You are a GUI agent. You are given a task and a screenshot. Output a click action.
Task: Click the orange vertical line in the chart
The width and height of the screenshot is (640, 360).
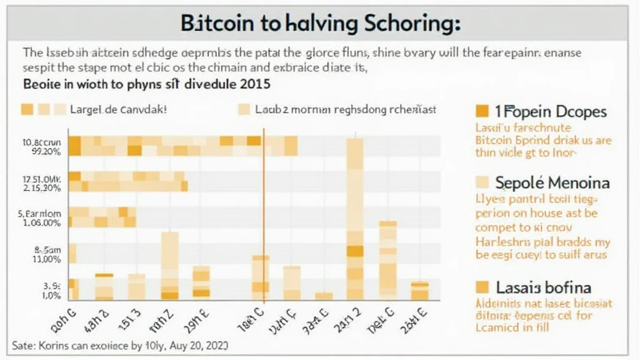(x=264, y=212)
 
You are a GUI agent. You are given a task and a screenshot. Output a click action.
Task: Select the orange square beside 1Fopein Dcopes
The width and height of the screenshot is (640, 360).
(x=481, y=112)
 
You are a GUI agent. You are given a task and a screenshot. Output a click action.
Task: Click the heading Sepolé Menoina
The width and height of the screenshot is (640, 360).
(x=542, y=183)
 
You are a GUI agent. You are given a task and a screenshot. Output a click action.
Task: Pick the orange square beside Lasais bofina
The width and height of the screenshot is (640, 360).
(x=481, y=287)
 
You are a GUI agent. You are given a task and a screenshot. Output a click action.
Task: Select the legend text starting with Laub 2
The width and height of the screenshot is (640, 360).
(x=346, y=109)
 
